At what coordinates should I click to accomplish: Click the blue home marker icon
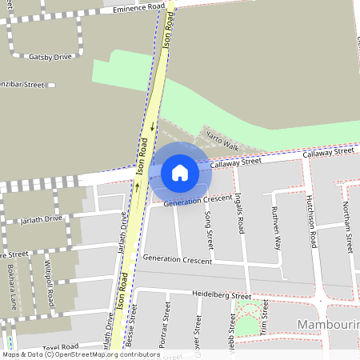point(180,172)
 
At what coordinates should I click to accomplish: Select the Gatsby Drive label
point(50,57)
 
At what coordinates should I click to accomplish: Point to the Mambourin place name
point(328,324)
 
